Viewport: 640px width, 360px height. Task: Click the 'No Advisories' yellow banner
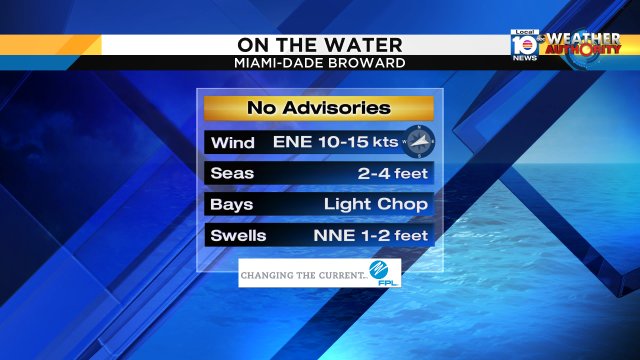319,108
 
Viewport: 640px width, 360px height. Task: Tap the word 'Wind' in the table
232,142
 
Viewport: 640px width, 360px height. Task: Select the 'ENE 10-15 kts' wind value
333,142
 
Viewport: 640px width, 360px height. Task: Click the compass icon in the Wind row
420,142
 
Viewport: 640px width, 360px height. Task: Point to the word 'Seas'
232,173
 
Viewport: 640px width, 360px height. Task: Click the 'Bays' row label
232,204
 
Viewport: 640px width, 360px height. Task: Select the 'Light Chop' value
376,204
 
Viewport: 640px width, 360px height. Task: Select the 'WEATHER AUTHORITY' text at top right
583,44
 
